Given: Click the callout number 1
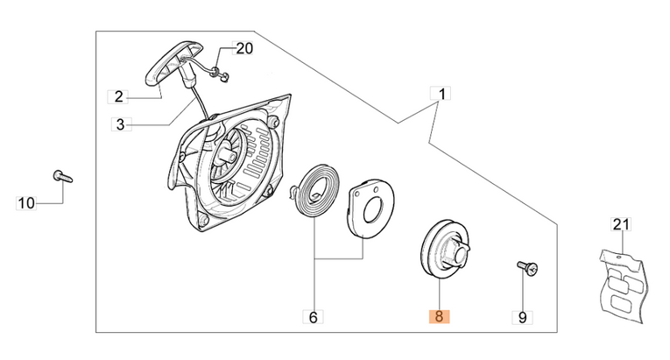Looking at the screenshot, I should pos(441,94).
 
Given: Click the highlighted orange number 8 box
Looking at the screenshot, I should pos(438,316).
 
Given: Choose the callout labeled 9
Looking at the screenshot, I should pos(523,316).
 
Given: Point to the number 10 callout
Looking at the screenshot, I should pos(27,203).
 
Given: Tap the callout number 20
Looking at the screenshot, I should pos(243,49).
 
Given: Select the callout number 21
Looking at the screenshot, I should pos(620,225).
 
